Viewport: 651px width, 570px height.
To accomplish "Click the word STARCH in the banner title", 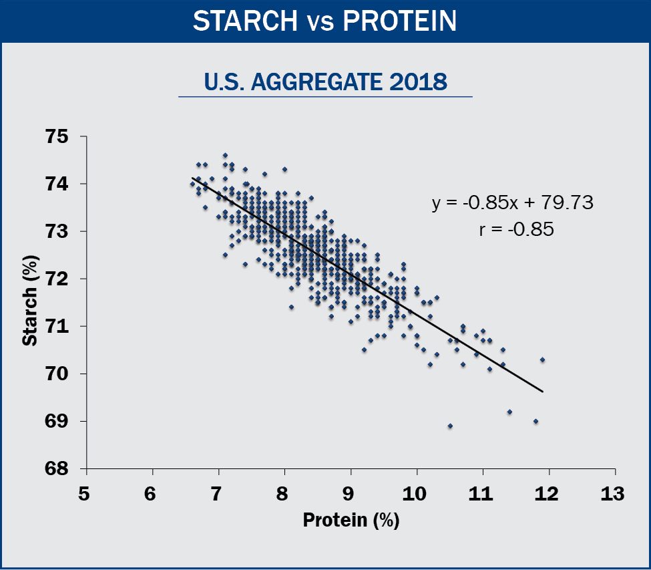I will [244, 21].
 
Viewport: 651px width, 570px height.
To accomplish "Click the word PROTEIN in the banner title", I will [399, 21].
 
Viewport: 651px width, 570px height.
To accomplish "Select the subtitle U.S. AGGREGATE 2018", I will [325, 82].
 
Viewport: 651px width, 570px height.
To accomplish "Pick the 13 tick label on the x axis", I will [613, 494].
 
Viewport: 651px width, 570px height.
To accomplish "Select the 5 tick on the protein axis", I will [83, 494].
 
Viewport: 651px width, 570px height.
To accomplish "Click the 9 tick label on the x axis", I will [349, 494].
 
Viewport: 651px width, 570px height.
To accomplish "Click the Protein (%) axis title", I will [351, 521].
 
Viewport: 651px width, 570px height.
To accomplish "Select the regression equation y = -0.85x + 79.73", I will [512, 202].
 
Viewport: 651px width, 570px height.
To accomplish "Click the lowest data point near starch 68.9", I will [450, 426].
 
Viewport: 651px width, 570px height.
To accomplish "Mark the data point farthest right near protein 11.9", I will [542, 360].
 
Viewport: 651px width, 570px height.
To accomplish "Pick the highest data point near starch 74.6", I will [225, 155].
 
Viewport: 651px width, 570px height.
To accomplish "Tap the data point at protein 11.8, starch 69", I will [535, 421].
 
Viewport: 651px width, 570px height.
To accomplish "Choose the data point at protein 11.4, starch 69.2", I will [509, 412].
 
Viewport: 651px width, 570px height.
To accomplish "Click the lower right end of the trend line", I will [543, 392].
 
